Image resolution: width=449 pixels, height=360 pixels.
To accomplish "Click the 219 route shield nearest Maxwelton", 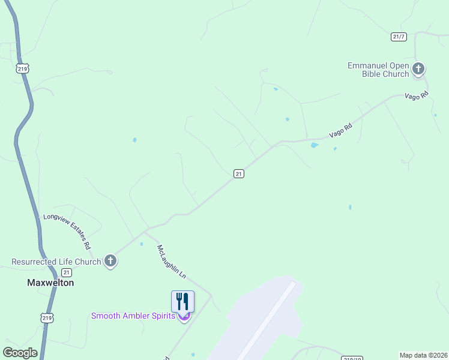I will (47, 317).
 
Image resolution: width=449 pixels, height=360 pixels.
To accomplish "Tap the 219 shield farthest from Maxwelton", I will (23, 69).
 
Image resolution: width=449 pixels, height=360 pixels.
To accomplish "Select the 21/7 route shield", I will (399, 37).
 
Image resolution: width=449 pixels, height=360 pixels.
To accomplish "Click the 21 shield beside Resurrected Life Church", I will (66, 272).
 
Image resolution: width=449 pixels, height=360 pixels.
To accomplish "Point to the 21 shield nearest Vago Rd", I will (238, 173).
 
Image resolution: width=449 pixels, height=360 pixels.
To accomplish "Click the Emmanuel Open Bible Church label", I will (378, 70).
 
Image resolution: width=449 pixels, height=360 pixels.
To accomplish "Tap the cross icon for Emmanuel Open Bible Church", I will (418, 70).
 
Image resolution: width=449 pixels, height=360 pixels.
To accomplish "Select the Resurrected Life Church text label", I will (56, 262).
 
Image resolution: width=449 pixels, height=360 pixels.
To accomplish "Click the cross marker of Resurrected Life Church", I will (110, 261).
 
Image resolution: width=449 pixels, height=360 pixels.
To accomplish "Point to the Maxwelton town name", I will (50, 283).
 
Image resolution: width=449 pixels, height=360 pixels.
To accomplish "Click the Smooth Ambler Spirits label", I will (133, 316).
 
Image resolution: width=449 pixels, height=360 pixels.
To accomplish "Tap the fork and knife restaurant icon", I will (183, 301).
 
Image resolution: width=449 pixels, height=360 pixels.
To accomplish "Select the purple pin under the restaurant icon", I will (184, 317).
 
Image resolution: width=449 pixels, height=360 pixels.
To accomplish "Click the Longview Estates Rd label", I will (67, 232).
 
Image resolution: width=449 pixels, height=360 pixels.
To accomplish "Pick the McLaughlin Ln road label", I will (172, 261).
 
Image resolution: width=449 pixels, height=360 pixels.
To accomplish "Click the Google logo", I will (20, 353).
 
